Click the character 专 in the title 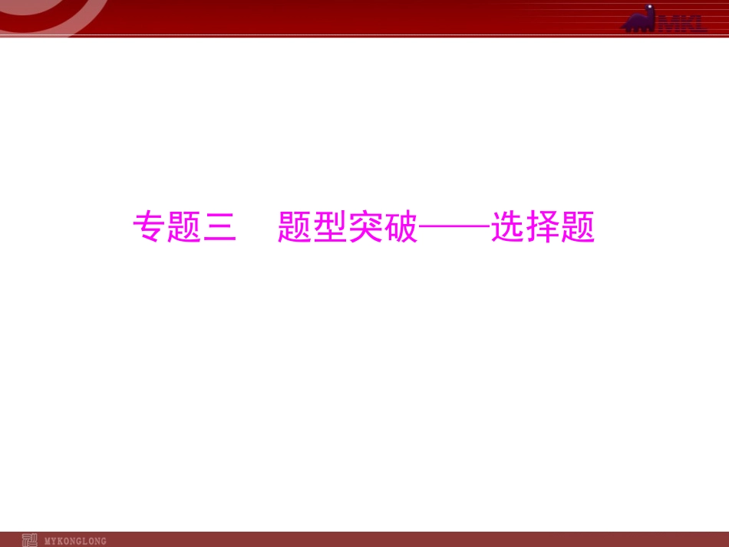(150, 227)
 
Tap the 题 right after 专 (184, 227)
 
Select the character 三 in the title (219, 227)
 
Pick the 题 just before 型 (295, 227)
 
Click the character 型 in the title (330, 227)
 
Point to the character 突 (365, 227)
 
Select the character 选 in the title (507, 227)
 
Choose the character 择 (543, 227)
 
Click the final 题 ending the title (578, 227)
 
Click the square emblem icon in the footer (30, 540)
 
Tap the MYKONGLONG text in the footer (76, 541)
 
